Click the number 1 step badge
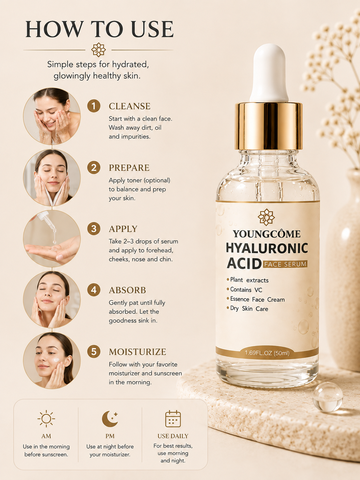(x=94, y=106)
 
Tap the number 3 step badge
(x=94, y=229)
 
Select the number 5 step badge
(x=94, y=352)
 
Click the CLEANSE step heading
(x=130, y=106)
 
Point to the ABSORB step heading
(x=127, y=290)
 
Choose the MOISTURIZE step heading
(x=138, y=352)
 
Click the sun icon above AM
(x=46, y=419)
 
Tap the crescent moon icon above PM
(x=110, y=419)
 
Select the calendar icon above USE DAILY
(x=173, y=419)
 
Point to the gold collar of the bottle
(x=269, y=126)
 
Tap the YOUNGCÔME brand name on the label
(x=267, y=234)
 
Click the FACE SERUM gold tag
(x=285, y=264)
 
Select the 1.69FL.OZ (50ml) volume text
(x=267, y=353)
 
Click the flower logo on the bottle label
(x=266, y=217)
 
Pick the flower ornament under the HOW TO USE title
(x=98, y=50)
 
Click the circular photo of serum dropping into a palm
(x=52, y=239)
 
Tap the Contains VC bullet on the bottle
(x=244, y=290)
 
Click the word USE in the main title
(x=150, y=29)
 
